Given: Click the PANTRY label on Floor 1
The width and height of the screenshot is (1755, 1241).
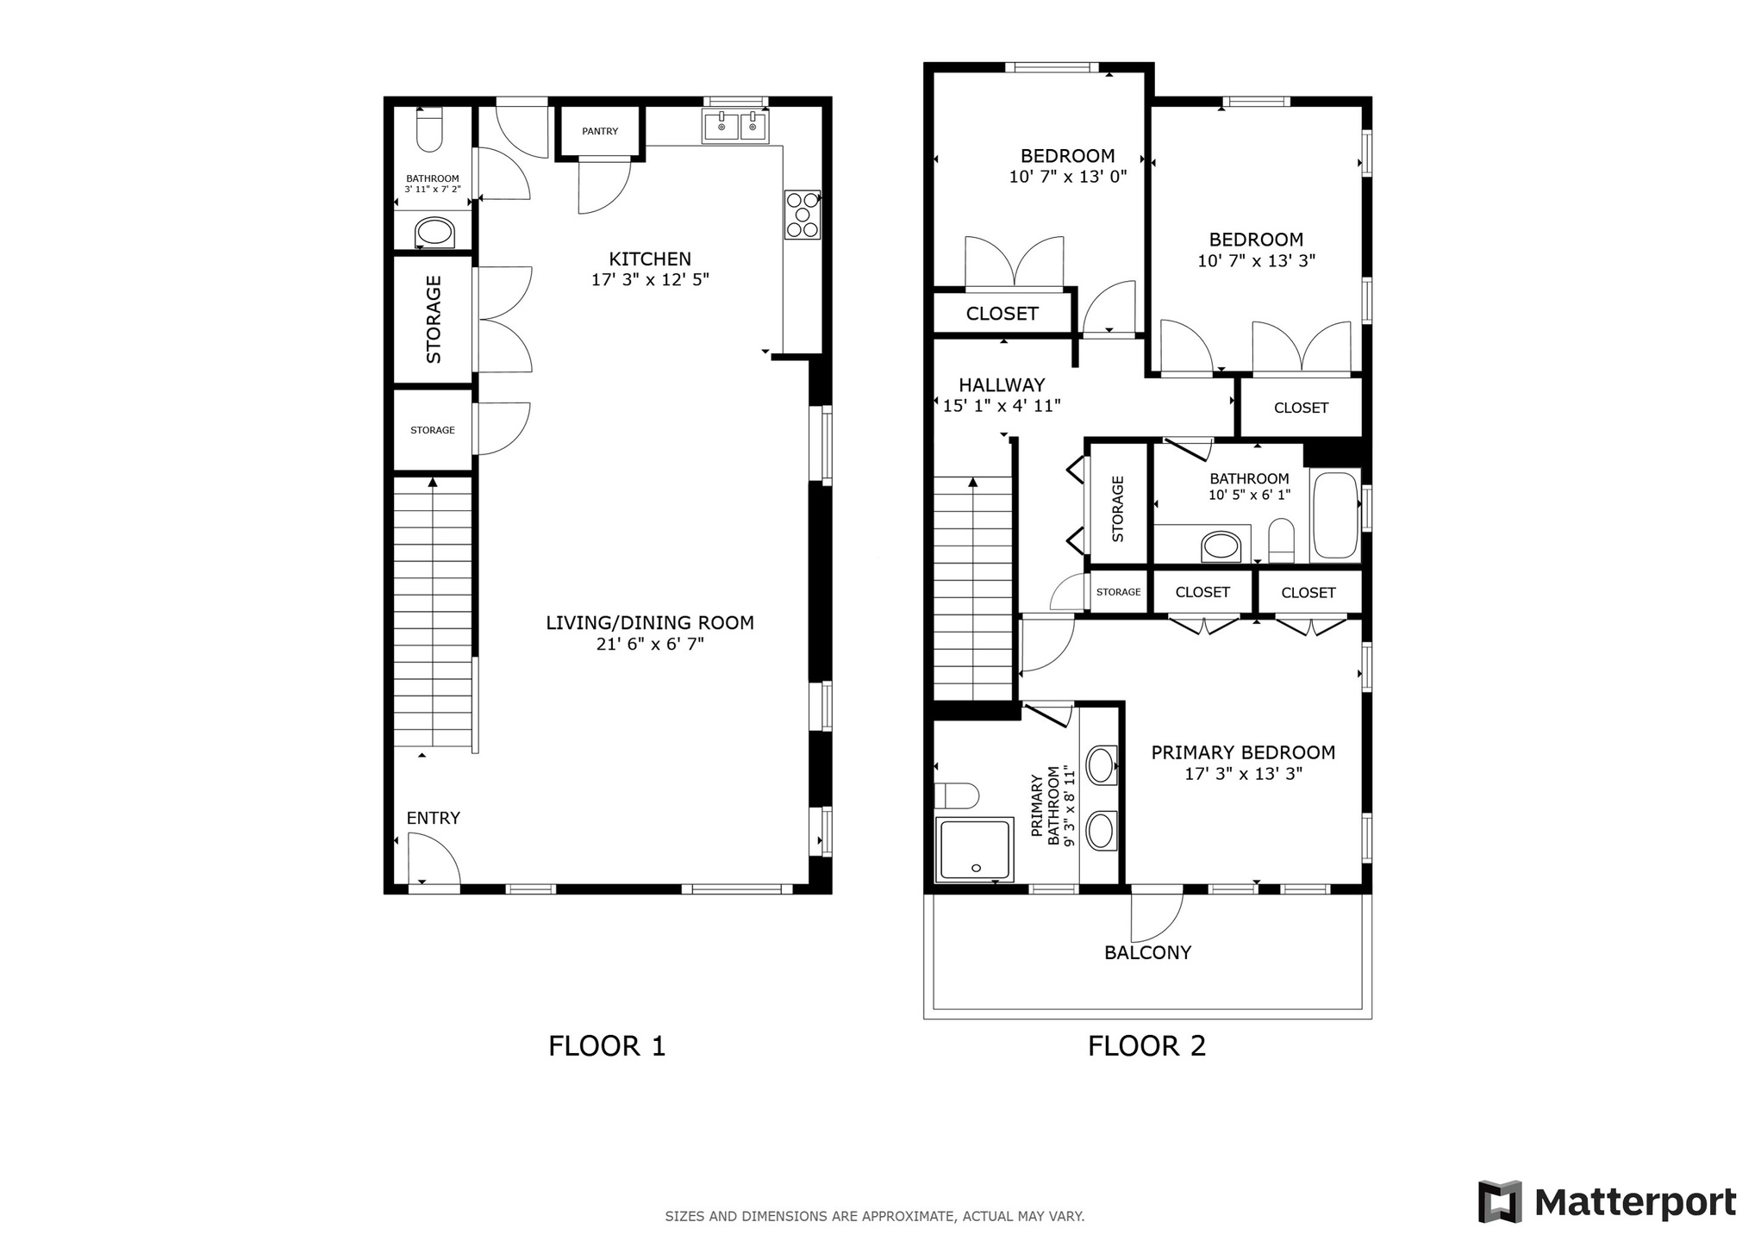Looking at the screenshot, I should point(600,131).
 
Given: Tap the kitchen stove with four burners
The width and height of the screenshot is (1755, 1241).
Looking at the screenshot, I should point(802,215).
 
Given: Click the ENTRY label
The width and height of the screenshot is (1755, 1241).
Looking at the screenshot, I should point(433,818).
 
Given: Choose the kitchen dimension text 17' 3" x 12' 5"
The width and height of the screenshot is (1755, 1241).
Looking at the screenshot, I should point(650,280).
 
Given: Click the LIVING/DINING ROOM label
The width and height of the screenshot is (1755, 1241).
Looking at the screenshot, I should point(650,622).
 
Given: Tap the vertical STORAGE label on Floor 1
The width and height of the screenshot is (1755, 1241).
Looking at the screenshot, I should point(434,319).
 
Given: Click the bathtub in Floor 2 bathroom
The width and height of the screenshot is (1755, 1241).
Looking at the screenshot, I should point(1334,515).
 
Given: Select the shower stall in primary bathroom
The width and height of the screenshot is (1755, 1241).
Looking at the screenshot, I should point(974,849).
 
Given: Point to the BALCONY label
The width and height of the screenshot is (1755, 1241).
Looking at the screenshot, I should point(1147,952).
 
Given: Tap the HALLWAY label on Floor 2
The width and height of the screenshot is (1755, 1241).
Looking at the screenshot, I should point(1002,385).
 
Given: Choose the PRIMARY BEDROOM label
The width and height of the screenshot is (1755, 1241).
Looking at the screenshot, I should point(1243,752).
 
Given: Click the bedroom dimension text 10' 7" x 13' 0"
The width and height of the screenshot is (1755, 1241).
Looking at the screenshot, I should point(1068,177).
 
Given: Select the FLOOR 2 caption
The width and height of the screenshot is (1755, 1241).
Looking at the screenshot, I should point(1146,1045).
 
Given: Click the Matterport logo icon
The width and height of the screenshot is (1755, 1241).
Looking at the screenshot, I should point(1501,1201).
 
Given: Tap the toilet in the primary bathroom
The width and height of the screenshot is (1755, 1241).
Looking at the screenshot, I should point(957,795).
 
